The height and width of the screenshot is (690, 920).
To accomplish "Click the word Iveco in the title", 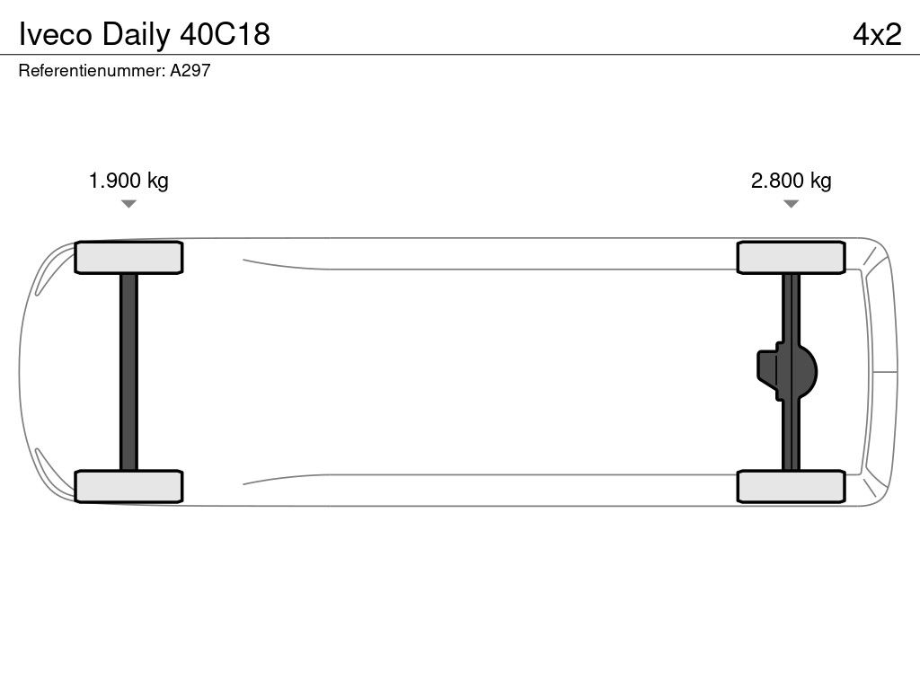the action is pos(56,34).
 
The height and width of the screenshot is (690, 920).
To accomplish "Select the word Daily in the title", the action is pos(136,35).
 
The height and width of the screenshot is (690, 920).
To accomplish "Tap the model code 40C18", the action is pos(225,34).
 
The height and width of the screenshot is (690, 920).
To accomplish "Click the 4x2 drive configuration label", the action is pos(877,34).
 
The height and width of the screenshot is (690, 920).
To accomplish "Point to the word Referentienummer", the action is pos(92,70).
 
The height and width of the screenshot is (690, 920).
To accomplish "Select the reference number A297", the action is pos(190,70).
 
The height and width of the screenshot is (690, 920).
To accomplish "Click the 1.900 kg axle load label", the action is pos(128,180).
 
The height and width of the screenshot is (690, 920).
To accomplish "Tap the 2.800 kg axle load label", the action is pos(791,180).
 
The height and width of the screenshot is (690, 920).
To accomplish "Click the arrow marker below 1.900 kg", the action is pos(128,204).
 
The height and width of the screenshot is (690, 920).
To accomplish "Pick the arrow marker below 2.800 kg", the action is pos(791,204).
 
